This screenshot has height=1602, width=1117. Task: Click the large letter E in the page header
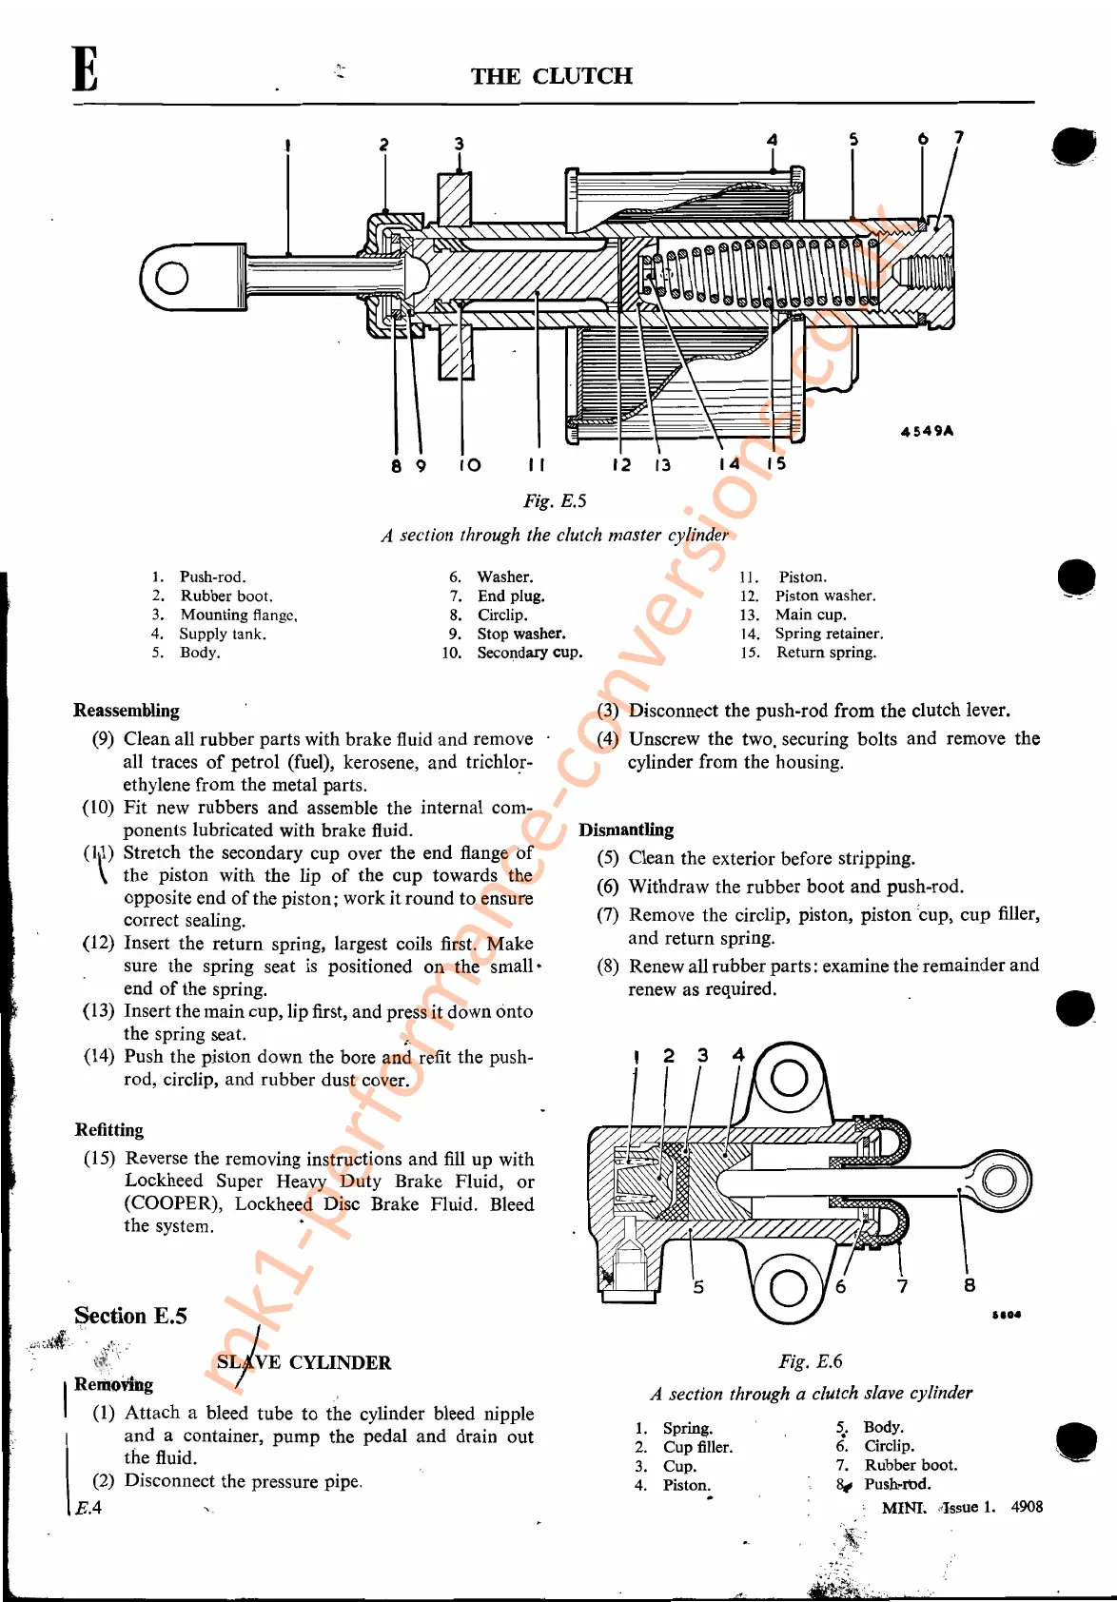tap(85, 69)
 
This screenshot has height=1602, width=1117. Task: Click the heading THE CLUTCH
tap(551, 76)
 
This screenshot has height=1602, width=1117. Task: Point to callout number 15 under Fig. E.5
tap(776, 463)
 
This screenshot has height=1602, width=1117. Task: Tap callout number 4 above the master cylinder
tap(772, 140)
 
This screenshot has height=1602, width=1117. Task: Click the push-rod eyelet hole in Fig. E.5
tap(171, 278)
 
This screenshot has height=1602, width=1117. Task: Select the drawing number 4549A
tap(927, 431)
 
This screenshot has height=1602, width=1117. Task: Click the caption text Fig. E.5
tap(555, 501)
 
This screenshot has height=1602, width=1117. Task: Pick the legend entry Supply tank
tap(223, 634)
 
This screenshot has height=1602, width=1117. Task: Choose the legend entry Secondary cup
tap(529, 653)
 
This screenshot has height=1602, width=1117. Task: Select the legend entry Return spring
tap(826, 653)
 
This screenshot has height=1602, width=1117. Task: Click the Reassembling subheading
tap(127, 711)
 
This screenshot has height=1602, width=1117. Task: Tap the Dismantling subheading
tap(626, 830)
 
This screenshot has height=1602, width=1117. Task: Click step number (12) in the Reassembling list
tap(99, 944)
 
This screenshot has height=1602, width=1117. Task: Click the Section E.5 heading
tap(130, 1316)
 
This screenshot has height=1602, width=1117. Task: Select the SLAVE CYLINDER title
tap(304, 1362)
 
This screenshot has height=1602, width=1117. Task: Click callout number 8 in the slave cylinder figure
tap(969, 1285)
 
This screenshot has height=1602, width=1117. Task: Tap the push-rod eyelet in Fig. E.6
tap(999, 1182)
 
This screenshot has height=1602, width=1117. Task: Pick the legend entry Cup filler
tap(697, 1447)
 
